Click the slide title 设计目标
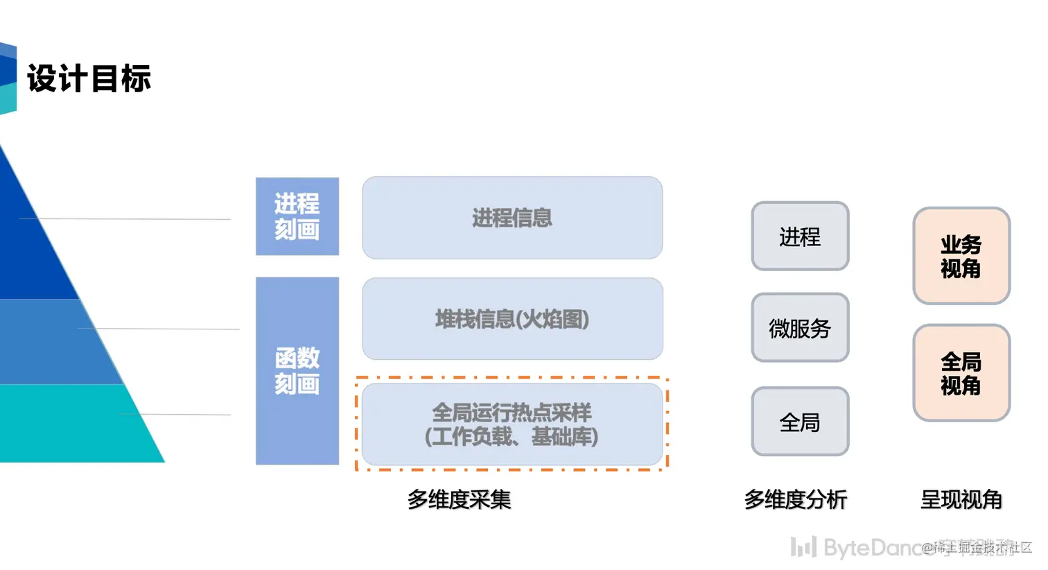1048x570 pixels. click(89, 78)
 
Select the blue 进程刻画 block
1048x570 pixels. click(297, 216)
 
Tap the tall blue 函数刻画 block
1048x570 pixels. click(297, 371)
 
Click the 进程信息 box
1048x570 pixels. click(512, 218)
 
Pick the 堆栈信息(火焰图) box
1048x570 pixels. click(512, 319)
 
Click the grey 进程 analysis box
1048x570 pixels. click(800, 236)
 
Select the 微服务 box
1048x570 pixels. click(800, 328)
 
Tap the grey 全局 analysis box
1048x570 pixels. click(800, 422)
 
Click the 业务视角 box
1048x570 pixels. click(961, 256)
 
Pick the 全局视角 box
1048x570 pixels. click(961, 373)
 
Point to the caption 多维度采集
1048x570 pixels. click(459, 499)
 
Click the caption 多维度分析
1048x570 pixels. click(796, 499)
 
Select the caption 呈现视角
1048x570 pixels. click(961, 499)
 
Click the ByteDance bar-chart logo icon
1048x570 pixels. click(803, 547)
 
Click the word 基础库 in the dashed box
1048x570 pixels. click(564, 437)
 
